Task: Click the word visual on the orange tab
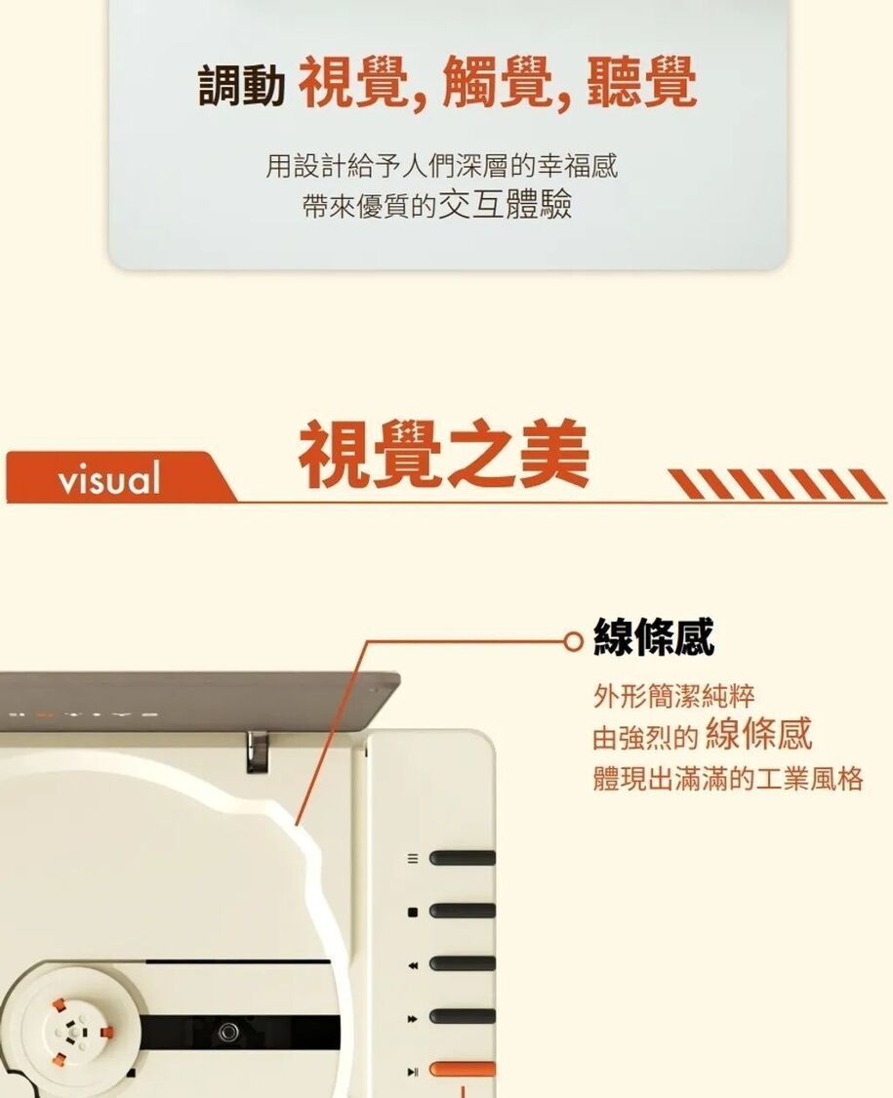[109, 478]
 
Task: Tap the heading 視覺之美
[444, 454]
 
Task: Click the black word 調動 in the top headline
[241, 85]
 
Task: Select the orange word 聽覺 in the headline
[641, 83]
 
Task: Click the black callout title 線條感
[654, 636]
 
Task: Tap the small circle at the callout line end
[574, 640]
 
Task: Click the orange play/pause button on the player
[463, 1070]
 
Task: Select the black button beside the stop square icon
[463, 911]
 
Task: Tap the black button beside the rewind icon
[463, 964]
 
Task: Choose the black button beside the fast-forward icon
[463, 1017]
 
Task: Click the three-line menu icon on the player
[413, 859]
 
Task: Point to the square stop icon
[413, 912]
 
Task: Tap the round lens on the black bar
[227, 1032]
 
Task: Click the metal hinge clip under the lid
[257, 752]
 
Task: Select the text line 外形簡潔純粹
[673, 696]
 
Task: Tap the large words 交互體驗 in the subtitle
[505, 205]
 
